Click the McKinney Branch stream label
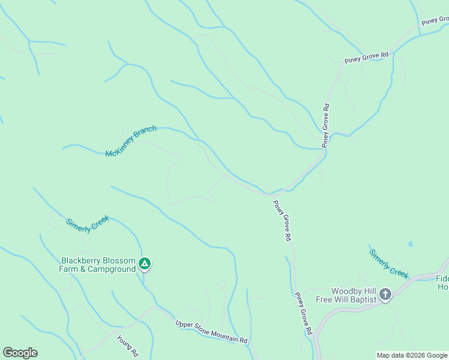131,141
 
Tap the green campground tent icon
144,264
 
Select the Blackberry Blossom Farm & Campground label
98,265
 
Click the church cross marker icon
385,295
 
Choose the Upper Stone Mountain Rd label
211,332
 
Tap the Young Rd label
127,346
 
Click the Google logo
20,353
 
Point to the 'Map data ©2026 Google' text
412,355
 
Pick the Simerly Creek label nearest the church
389,264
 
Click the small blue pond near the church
411,244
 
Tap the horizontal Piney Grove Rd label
367,58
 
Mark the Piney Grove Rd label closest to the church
303,313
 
